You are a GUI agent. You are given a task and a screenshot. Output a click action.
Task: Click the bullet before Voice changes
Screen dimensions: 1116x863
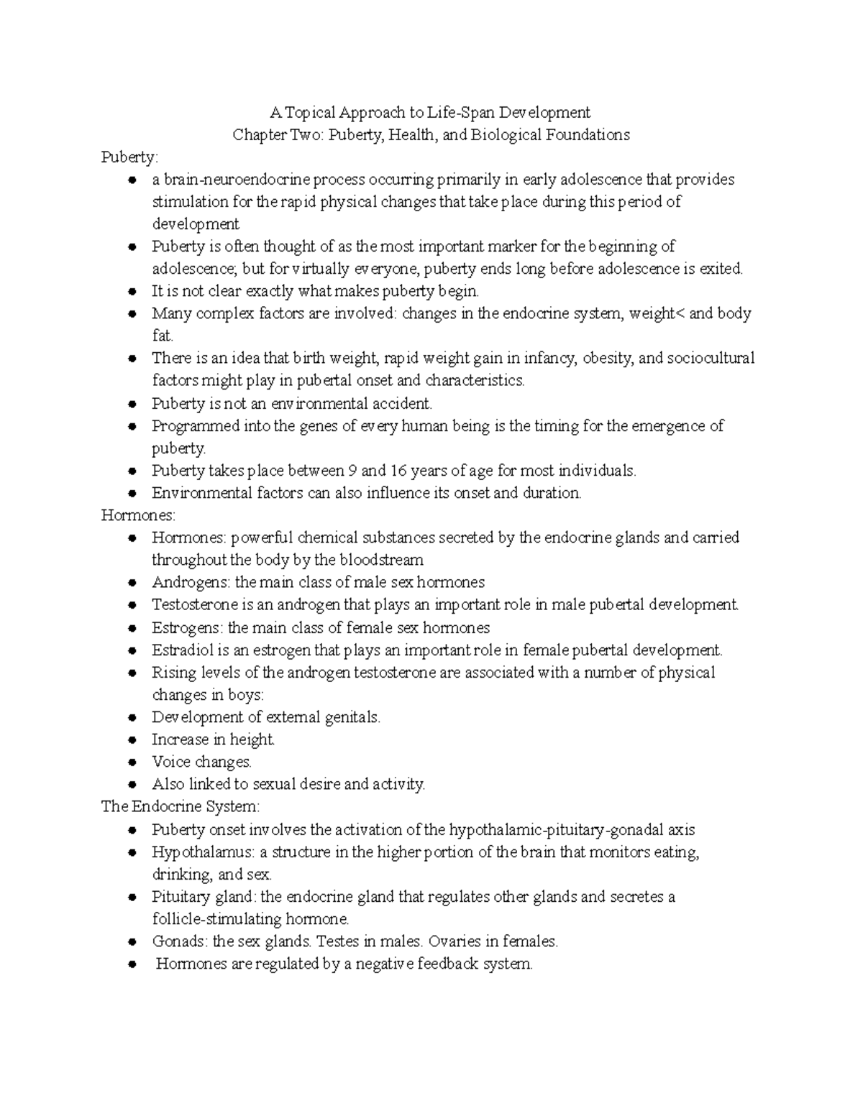pyautogui.click(x=132, y=762)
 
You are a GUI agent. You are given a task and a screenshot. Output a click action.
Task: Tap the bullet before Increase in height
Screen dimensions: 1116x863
pyautogui.click(x=132, y=740)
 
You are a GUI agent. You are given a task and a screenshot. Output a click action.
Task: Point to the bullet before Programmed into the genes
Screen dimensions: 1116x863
pyautogui.click(x=132, y=426)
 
